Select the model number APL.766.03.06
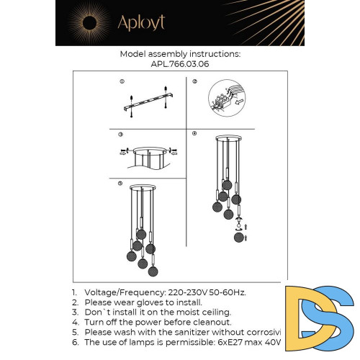tap(180, 63)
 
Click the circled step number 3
tap(121, 135)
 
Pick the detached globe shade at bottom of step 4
tap(240, 235)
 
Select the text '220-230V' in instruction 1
tap(186, 292)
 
